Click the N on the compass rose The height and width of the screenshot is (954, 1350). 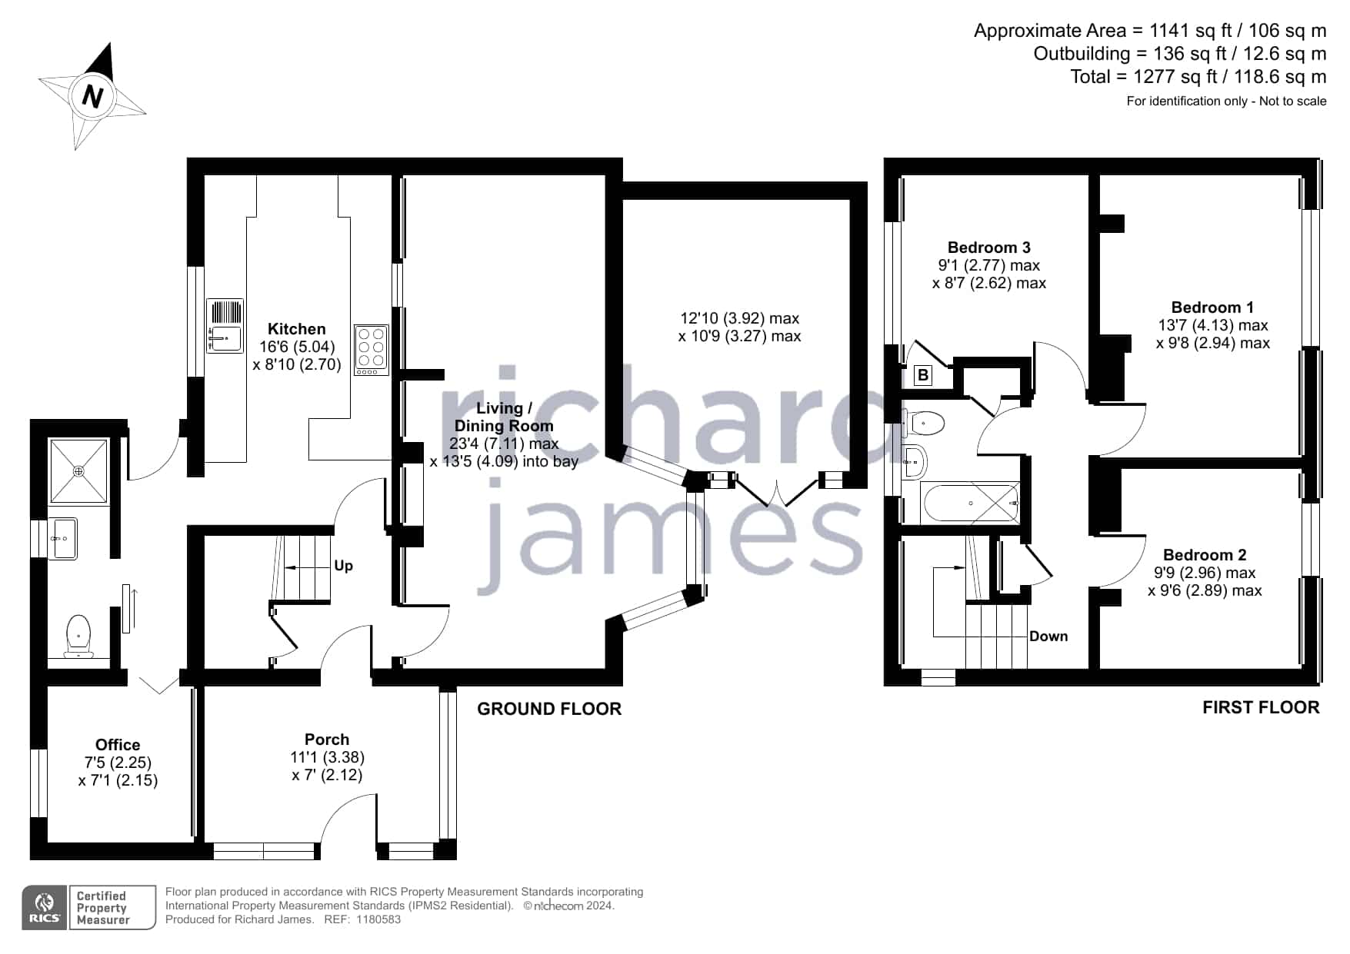[93, 97]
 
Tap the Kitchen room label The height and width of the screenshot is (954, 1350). [297, 329]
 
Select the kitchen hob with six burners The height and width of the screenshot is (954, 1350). [372, 351]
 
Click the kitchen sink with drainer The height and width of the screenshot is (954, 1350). [225, 326]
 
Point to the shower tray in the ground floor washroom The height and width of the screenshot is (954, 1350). [78, 470]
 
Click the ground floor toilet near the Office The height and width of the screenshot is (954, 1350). [78, 637]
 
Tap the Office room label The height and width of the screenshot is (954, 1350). [118, 745]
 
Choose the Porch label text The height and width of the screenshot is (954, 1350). [327, 740]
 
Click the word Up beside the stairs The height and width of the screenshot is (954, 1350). [344, 566]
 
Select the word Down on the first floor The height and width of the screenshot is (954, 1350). [1048, 637]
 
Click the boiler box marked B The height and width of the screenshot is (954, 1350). [923, 376]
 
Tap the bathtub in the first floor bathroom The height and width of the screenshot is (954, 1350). [971, 504]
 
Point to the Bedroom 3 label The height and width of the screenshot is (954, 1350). [989, 248]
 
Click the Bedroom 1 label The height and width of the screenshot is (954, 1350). [1212, 307]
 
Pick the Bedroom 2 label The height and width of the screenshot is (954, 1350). [1205, 555]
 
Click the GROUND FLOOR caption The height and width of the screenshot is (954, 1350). [549, 709]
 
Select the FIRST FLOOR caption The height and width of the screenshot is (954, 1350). [1261, 707]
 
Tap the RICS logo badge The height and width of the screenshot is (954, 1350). [45, 908]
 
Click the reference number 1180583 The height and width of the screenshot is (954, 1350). [378, 919]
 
